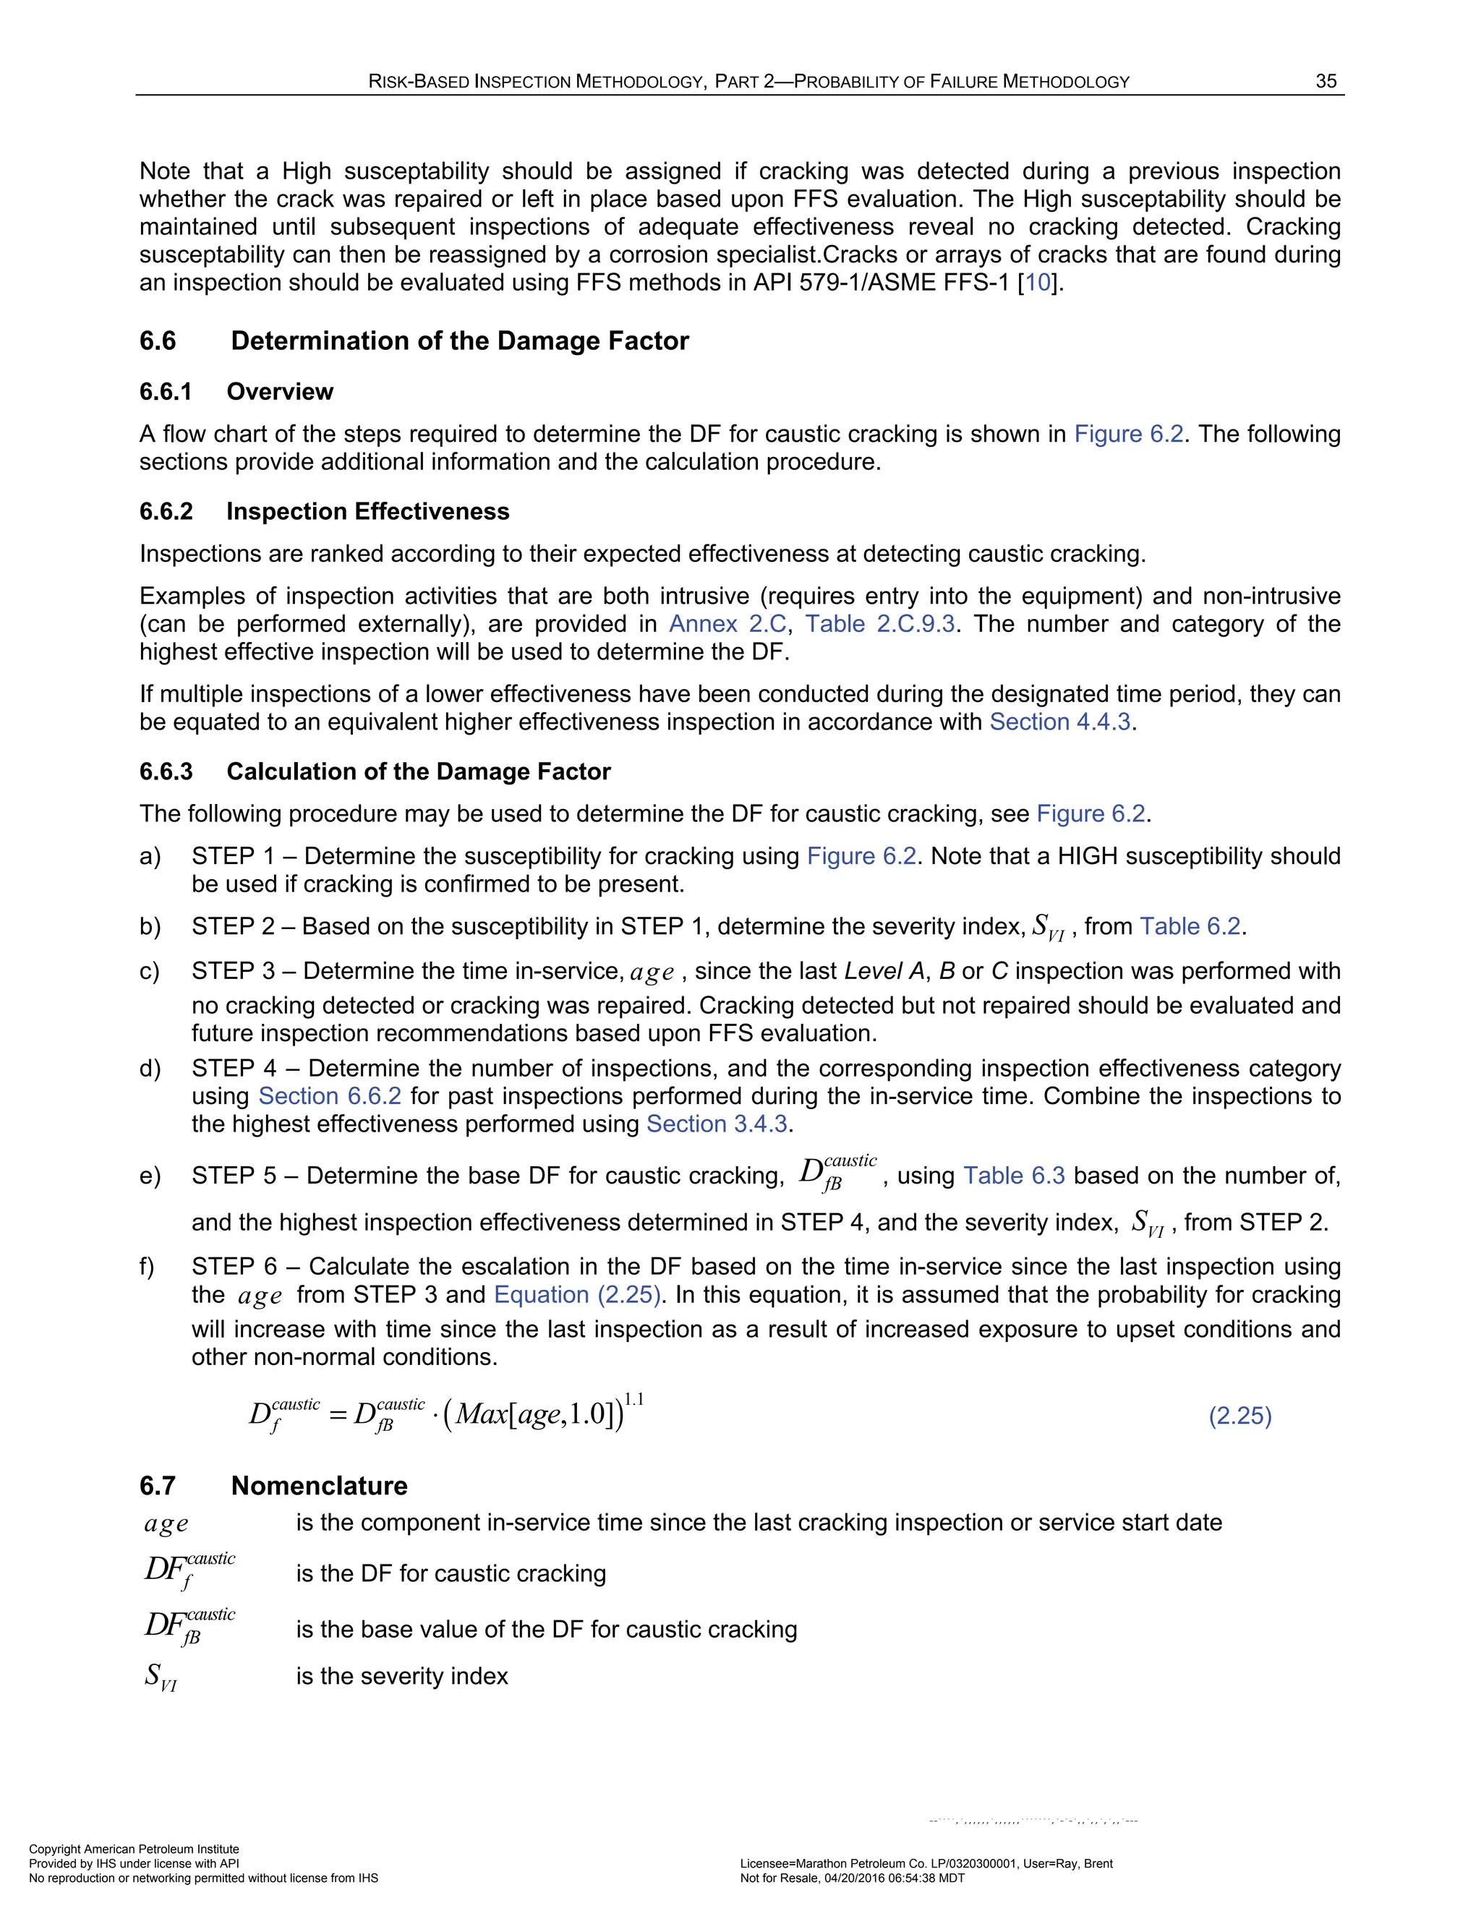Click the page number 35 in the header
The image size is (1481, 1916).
click(1326, 82)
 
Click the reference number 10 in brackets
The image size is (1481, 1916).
click(1038, 283)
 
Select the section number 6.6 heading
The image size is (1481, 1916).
click(158, 341)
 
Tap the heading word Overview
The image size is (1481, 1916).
click(280, 391)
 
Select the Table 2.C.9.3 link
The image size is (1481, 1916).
click(880, 624)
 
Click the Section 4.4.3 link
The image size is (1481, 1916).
click(1061, 722)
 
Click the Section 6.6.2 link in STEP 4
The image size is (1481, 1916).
click(330, 1097)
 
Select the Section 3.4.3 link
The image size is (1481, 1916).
click(717, 1125)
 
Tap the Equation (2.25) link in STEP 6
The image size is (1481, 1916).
click(576, 1295)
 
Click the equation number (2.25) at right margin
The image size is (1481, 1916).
click(1239, 1415)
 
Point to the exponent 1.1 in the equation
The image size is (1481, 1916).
click(633, 1399)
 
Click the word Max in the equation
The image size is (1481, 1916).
click(481, 1415)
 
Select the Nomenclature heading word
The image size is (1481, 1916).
click(320, 1485)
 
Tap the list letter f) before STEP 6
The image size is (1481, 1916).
click(148, 1267)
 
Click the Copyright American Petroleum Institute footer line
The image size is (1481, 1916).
click(135, 1849)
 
